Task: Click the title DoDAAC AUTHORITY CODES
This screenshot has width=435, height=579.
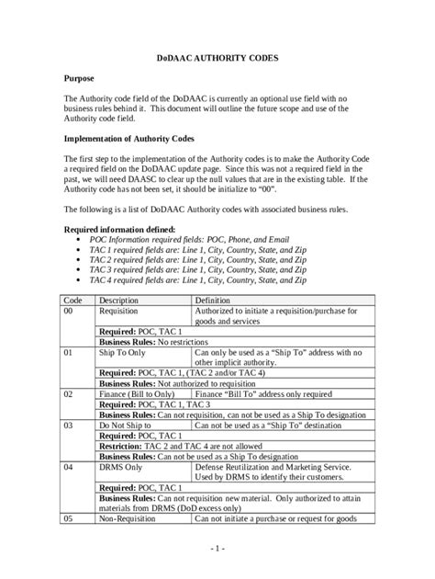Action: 217,58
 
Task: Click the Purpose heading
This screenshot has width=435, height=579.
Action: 82,79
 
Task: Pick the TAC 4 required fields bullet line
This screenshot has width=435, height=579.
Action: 194,279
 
